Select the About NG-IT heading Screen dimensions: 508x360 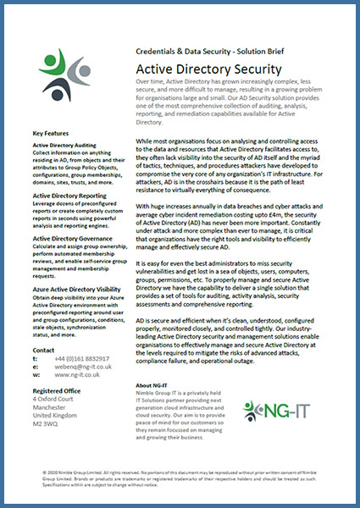(x=156, y=385)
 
